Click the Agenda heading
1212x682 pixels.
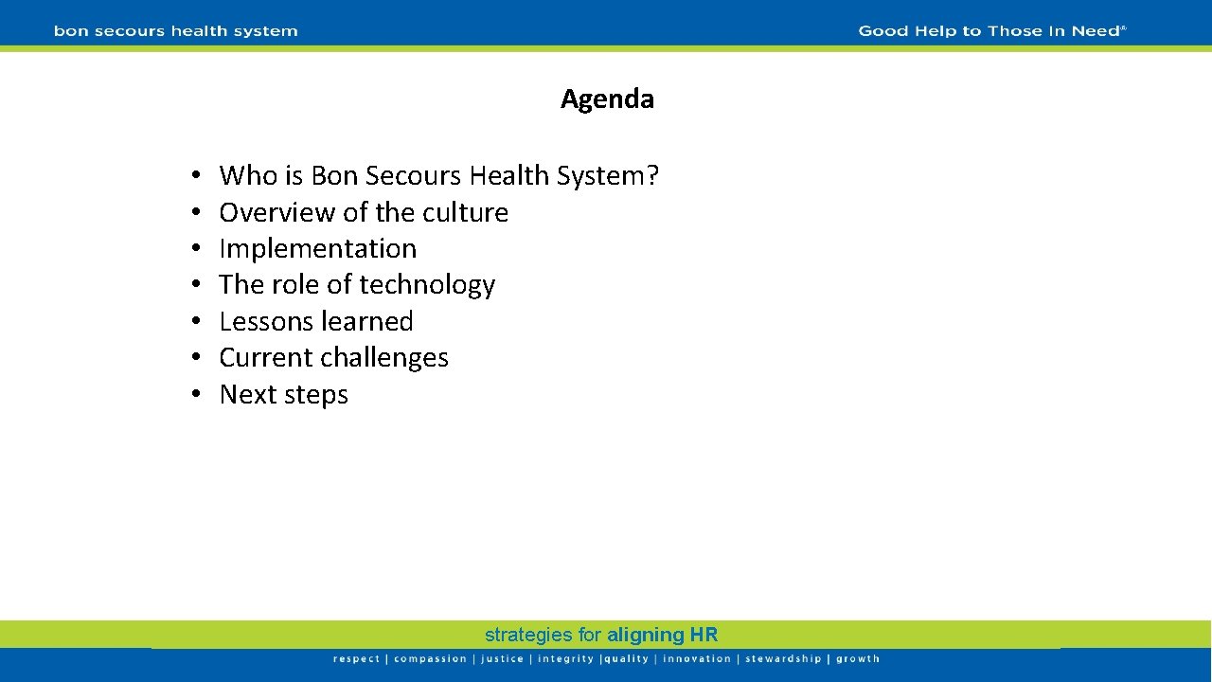tap(607, 99)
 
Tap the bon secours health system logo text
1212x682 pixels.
tap(176, 31)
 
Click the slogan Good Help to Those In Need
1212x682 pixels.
tap(991, 31)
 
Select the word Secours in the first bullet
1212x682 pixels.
tap(412, 175)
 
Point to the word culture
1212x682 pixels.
tap(465, 212)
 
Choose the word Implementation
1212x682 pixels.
tap(317, 248)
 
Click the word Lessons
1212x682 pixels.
tap(264, 321)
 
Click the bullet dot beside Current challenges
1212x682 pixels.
tap(192, 358)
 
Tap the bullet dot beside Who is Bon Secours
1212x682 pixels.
tap(192, 176)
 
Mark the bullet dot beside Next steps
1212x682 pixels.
tap(192, 395)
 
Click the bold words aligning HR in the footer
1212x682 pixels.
tap(663, 635)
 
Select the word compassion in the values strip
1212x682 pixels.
tap(430, 659)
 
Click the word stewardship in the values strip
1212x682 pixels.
tap(783, 659)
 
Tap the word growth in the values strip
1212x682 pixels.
tap(858, 659)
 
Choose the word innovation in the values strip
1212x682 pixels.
tap(697, 659)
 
